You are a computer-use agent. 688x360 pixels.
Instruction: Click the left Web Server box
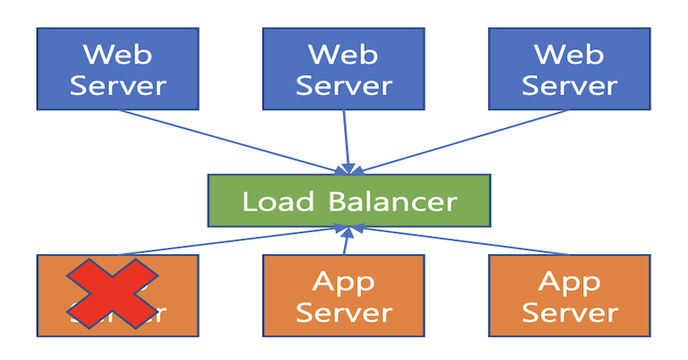click(117, 69)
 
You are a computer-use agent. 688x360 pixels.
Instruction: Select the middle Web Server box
click(344, 69)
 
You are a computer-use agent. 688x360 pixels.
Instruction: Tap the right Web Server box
click(569, 69)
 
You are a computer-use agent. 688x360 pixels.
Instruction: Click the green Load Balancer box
click(349, 201)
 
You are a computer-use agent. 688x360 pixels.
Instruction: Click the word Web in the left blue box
click(117, 53)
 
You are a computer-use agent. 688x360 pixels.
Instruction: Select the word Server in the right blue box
click(569, 86)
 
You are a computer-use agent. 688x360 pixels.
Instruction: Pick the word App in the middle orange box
click(344, 281)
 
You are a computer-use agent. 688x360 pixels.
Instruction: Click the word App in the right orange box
click(569, 281)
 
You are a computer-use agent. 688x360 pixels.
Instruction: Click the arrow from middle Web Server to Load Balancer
click(345, 143)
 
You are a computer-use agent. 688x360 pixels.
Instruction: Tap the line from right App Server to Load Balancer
click(457, 241)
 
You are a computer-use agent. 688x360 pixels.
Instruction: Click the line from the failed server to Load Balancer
click(233, 241)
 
